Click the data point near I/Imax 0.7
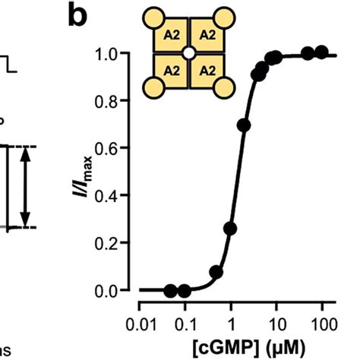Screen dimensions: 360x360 pyautogui.click(x=243, y=125)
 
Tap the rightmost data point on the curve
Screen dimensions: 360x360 pyautogui.click(x=322, y=52)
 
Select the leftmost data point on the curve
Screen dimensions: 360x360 pyautogui.click(x=170, y=291)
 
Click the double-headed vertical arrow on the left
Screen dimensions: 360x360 pyautogui.click(x=24, y=186)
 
